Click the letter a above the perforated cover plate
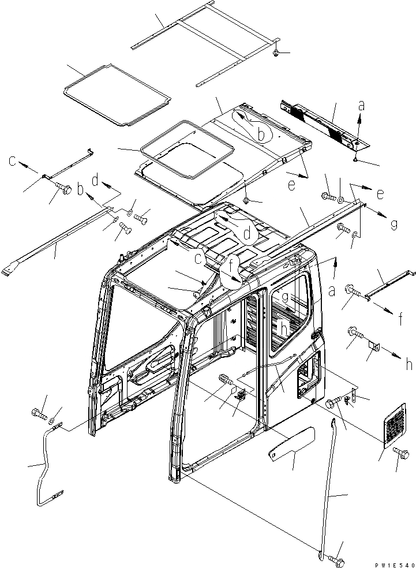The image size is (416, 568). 362,106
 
